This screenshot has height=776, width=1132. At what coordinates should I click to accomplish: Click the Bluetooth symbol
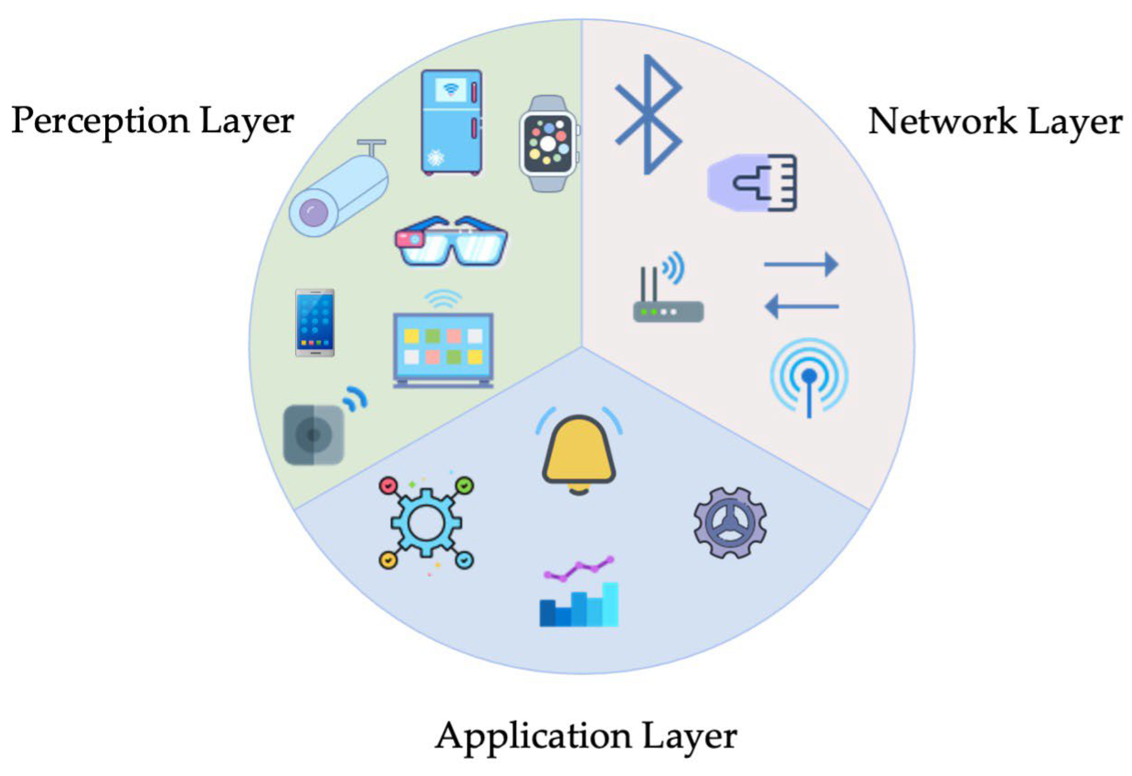pyautogui.click(x=649, y=115)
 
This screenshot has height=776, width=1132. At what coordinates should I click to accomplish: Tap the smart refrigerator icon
pyautogui.click(x=451, y=123)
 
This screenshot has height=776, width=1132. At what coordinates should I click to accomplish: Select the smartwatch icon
pyautogui.click(x=548, y=143)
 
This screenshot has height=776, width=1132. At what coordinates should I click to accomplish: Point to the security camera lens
pyautogui.click(x=313, y=212)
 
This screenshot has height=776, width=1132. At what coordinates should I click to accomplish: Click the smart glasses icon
pyautogui.click(x=451, y=241)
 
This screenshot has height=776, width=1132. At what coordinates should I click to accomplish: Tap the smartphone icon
pyautogui.click(x=315, y=323)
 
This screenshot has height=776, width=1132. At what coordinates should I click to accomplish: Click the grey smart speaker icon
pyautogui.click(x=314, y=434)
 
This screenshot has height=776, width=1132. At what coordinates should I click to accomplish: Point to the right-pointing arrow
pyautogui.click(x=801, y=264)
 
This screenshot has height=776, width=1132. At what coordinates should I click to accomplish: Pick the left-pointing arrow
pyautogui.click(x=801, y=306)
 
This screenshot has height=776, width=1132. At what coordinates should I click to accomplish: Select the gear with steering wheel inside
pyautogui.click(x=730, y=522)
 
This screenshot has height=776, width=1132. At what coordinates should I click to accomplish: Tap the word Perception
pyautogui.click(x=101, y=121)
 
